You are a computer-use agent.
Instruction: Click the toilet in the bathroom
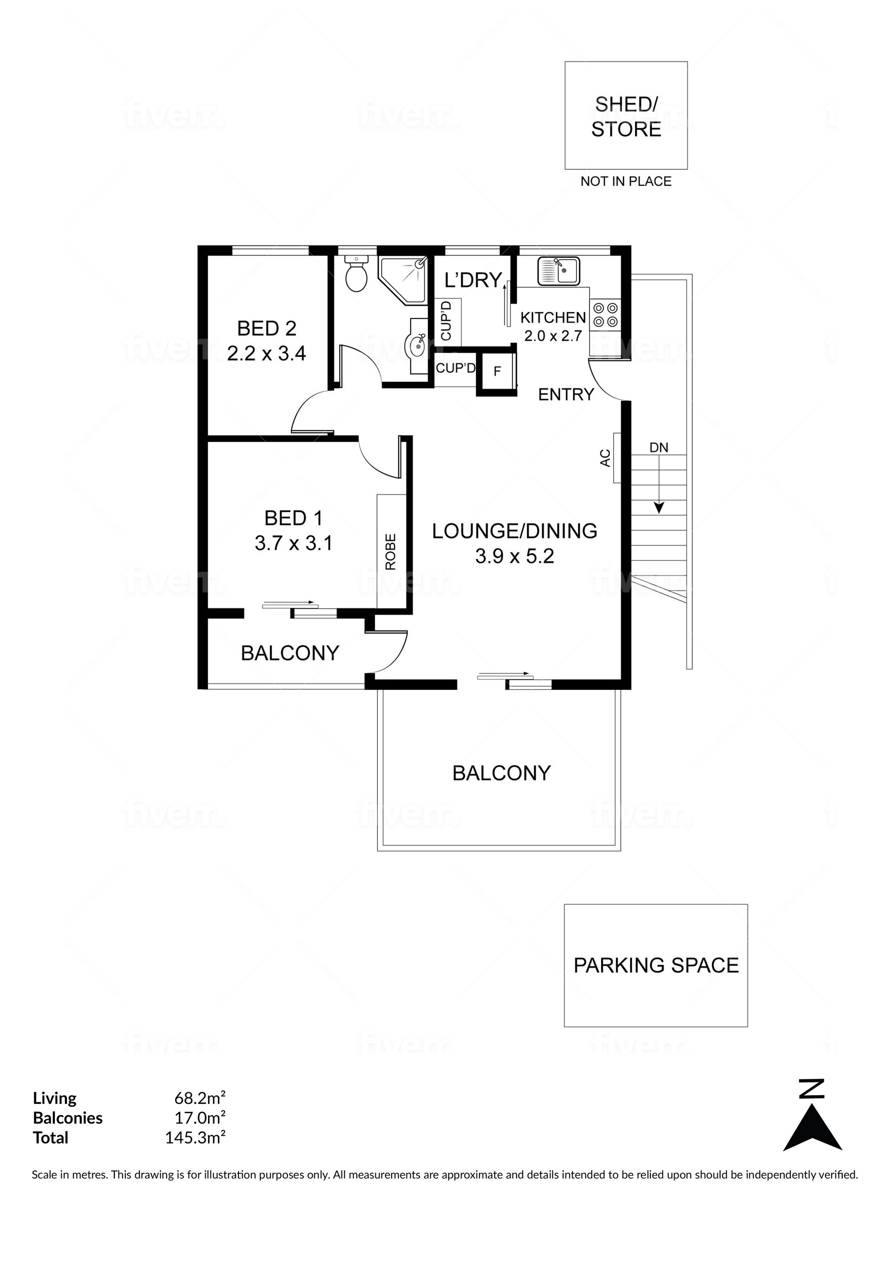[x=356, y=273]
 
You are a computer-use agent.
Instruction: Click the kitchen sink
[x=558, y=270]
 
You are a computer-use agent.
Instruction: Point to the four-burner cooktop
[x=605, y=315]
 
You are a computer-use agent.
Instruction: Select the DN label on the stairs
[x=659, y=448]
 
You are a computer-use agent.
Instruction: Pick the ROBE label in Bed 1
[x=391, y=552]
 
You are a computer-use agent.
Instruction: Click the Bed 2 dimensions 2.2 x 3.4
[x=267, y=354]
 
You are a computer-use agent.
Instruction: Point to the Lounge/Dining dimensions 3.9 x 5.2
[x=514, y=556]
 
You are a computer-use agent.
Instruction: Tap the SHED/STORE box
[x=626, y=115]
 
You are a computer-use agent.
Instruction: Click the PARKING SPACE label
[x=656, y=966]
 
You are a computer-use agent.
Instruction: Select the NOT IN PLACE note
[x=626, y=181]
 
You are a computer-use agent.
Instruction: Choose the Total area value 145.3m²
[x=196, y=1137]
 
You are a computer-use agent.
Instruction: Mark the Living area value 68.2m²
[x=200, y=1098]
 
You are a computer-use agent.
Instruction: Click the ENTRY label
[x=566, y=394]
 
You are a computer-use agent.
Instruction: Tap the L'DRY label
[x=472, y=280]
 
